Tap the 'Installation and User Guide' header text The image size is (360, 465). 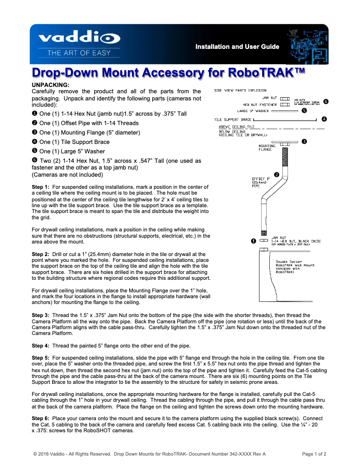[237, 47]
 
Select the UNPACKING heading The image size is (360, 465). [50, 85]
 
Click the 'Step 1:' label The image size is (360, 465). [41, 187]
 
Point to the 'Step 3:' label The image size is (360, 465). [41, 316]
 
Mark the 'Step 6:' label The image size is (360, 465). [41, 418]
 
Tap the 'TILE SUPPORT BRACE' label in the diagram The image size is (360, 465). [233, 120]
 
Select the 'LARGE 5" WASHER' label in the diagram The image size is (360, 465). [253, 110]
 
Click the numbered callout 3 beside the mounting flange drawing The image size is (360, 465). [304, 142]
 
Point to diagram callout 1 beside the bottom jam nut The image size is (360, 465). [254, 241]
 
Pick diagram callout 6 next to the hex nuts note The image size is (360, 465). [326, 102]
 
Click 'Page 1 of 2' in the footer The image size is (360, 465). [314, 454]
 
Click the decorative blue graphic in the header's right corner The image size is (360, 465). [306, 45]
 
